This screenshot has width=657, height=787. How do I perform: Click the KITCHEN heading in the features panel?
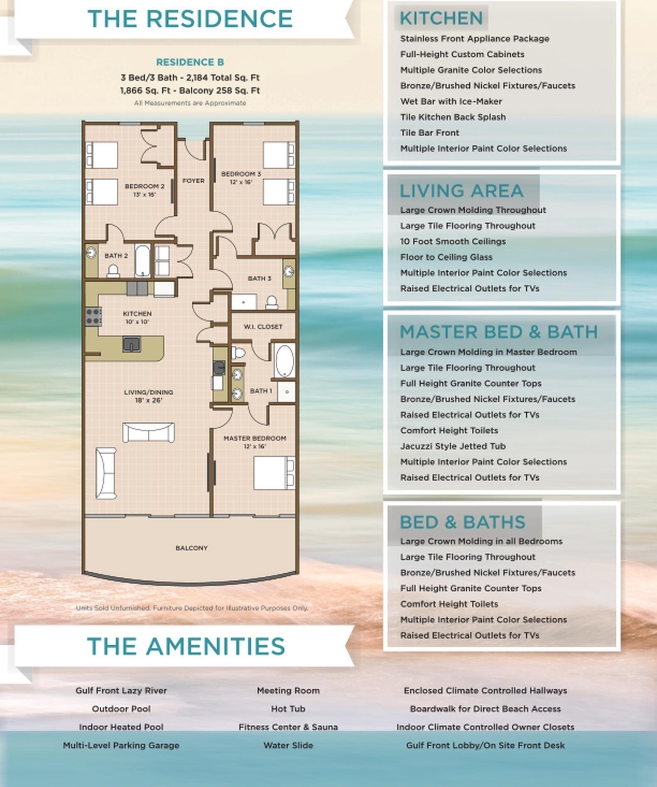click(x=441, y=18)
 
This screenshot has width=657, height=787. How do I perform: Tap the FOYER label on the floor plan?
click(x=194, y=181)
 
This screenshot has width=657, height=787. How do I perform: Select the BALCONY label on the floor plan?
click(x=191, y=548)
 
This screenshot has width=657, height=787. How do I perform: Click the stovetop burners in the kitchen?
click(x=93, y=316)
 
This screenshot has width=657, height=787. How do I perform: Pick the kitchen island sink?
click(x=131, y=344)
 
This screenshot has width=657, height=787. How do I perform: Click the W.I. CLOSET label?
click(x=263, y=327)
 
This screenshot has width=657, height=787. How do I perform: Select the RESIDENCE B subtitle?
click(x=190, y=62)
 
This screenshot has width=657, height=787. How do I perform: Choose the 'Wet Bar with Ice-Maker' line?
click(x=451, y=101)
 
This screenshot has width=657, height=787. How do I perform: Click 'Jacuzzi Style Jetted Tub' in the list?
click(x=453, y=446)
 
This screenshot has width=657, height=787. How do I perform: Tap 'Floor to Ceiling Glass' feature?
click(x=446, y=257)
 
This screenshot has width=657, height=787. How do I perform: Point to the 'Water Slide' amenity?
click(x=288, y=745)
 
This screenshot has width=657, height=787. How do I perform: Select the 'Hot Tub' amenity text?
click(x=288, y=709)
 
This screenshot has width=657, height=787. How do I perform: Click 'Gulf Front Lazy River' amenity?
click(x=121, y=691)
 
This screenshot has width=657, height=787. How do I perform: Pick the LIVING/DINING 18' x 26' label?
click(x=148, y=396)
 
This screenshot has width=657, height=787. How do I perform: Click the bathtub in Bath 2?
click(x=142, y=261)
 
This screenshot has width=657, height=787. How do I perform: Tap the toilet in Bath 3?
click(x=272, y=302)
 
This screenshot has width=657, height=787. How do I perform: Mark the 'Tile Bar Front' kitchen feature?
click(x=429, y=133)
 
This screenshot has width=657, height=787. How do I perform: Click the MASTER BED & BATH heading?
click(x=499, y=332)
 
